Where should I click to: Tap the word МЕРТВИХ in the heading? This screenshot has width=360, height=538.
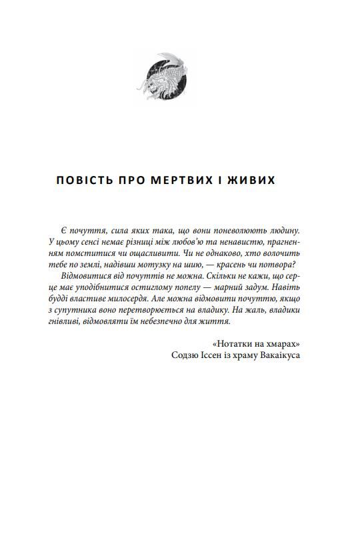click(x=183, y=181)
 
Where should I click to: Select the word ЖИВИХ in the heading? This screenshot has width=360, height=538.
click(x=252, y=181)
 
